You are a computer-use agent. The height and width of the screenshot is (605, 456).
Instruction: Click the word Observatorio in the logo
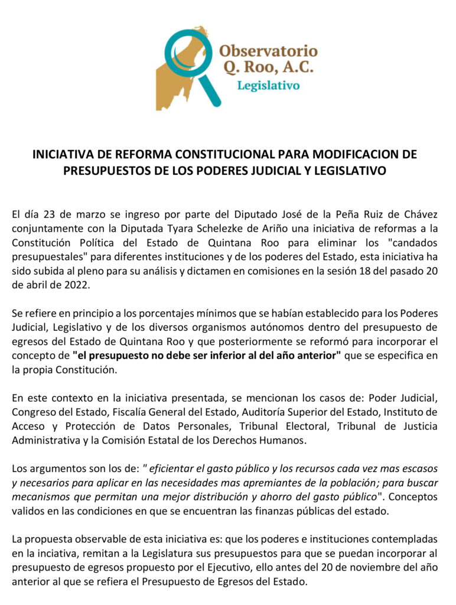(x=268, y=50)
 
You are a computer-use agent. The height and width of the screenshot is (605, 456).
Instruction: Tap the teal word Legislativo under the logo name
(x=268, y=86)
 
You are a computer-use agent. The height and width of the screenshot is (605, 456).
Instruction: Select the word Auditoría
(x=259, y=412)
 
